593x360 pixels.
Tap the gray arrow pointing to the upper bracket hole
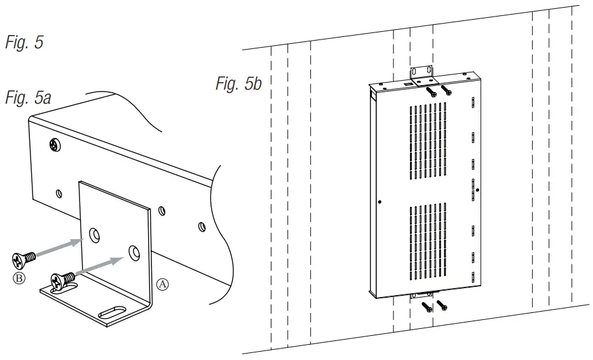coord(60,247)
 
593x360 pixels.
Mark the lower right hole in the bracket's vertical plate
coord(133,251)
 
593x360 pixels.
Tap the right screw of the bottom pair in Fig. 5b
coord(442,305)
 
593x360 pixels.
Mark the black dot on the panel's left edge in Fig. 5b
coord(379,202)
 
